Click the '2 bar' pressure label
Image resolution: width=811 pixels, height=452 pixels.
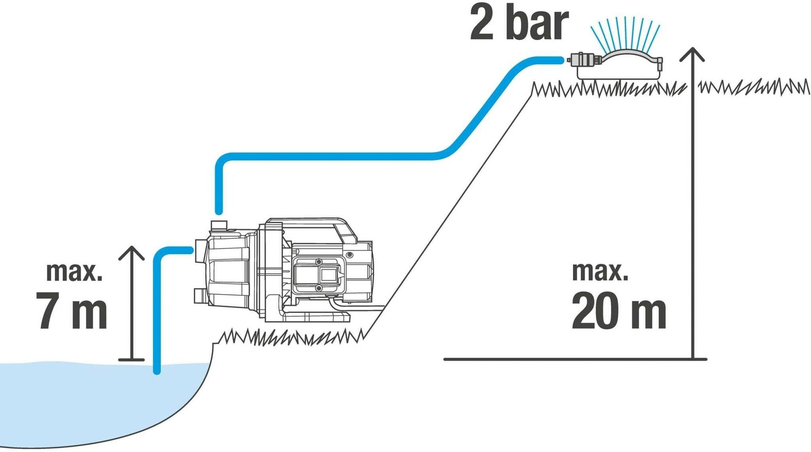(519, 23)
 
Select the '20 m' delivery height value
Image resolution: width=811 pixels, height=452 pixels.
(618, 311)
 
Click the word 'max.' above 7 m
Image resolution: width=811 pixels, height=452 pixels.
(74, 272)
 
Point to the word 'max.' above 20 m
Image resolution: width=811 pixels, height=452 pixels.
(600, 272)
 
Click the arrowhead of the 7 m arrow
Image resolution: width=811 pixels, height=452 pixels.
(131, 252)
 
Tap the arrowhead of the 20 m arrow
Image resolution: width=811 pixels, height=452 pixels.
(693, 54)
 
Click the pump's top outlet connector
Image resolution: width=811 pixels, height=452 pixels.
(219, 225)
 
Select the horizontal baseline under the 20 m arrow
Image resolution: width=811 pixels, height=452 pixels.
(568, 359)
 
